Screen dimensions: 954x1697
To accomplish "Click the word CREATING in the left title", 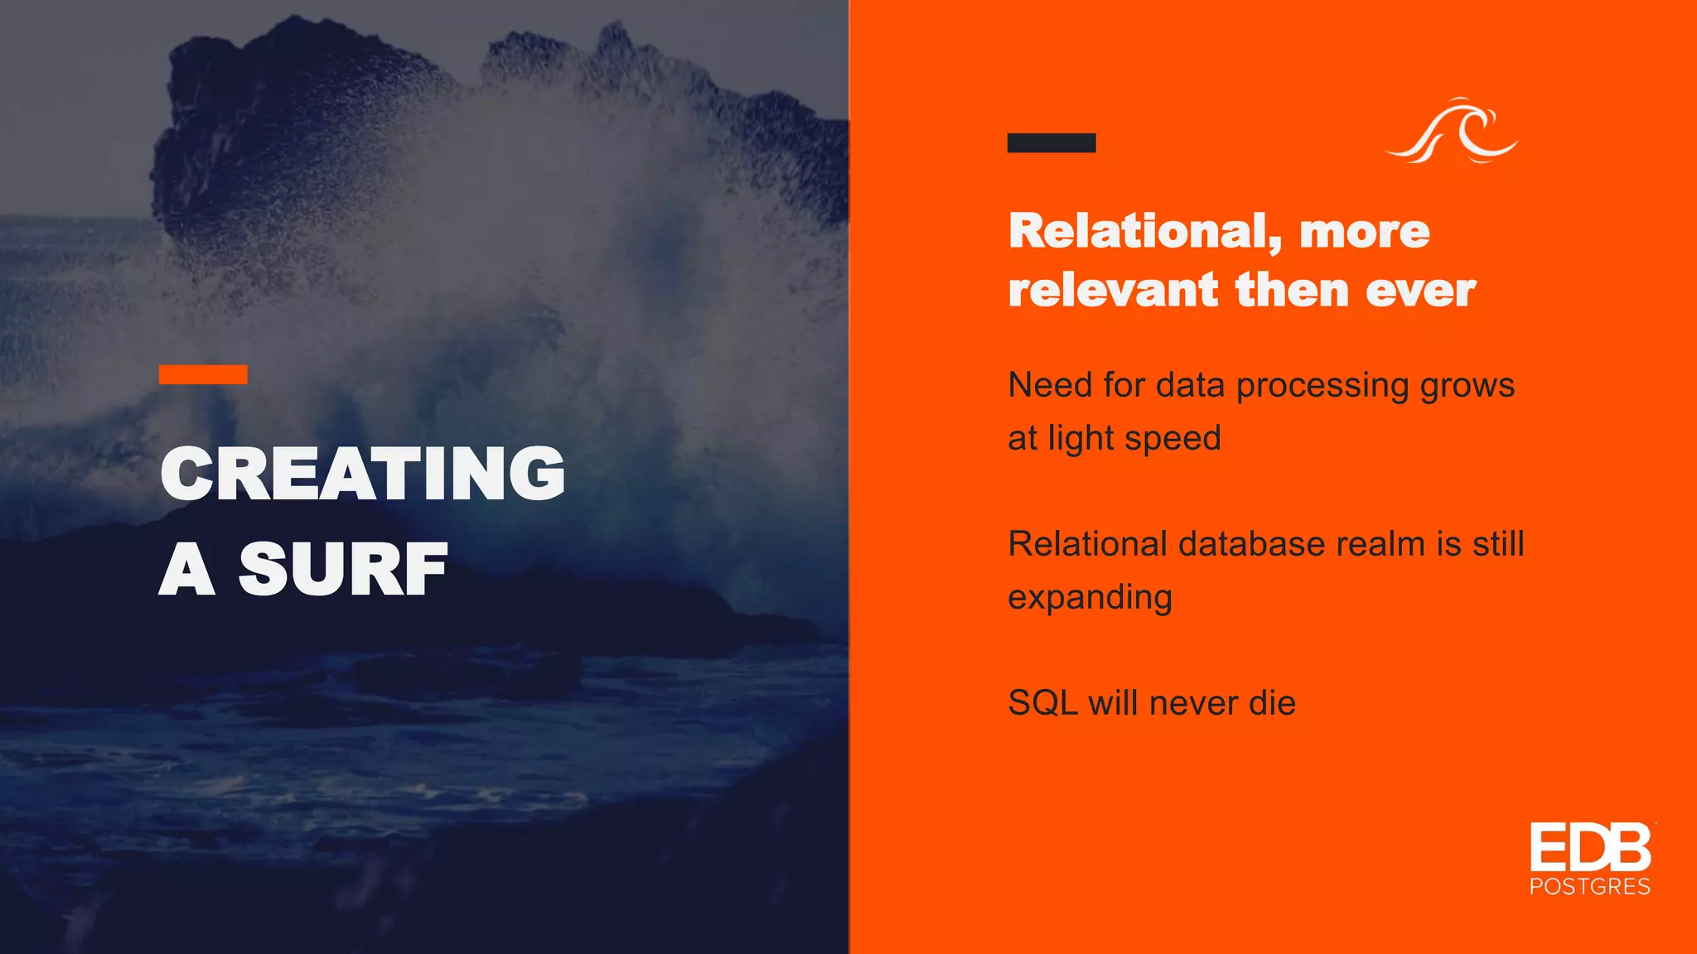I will pyautogui.click(x=362, y=473).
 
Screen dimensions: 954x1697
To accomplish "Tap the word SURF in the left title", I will pyautogui.click(x=343, y=569).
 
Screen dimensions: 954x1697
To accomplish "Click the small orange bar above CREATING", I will pyautogui.click(x=203, y=374).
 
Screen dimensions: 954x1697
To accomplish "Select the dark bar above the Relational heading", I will pyautogui.click(x=1051, y=142).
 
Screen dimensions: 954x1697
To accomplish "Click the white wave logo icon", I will pyautogui.click(x=1453, y=132).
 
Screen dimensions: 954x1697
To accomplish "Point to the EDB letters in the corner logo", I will pyautogui.click(x=1589, y=848).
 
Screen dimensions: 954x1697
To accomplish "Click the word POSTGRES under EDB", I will pyautogui.click(x=1589, y=887).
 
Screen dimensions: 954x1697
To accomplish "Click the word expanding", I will pyautogui.click(x=1090, y=598).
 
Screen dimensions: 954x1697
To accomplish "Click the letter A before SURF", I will pyautogui.click(x=188, y=569).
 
